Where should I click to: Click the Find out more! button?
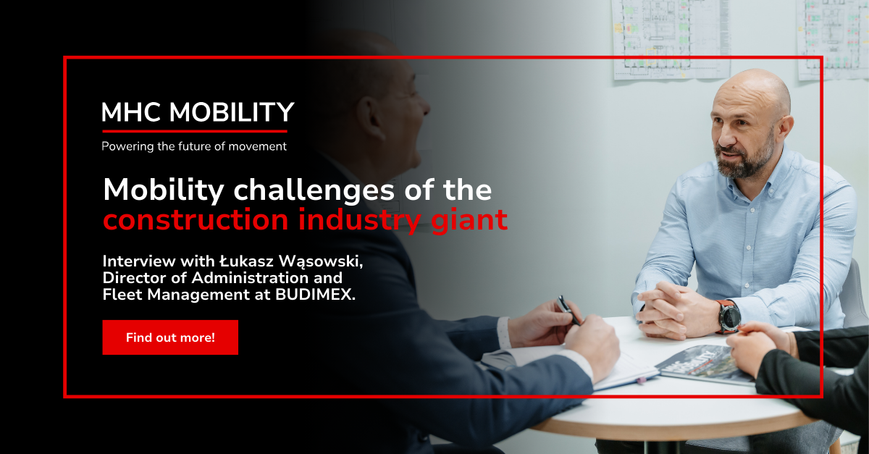click(x=170, y=337)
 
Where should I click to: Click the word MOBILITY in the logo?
click(x=232, y=112)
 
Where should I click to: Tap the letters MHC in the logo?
click(x=131, y=112)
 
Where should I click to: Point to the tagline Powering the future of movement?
click(x=194, y=147)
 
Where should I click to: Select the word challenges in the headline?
click(x=314, y=190)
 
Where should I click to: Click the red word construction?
click(x=196, y=219)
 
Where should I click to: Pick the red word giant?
click(x=469, y=221)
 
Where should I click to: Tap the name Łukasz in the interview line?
click(x=247, y=261)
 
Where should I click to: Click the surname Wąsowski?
click(x=322, y=262)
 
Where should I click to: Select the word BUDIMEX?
click(x=316, y=295)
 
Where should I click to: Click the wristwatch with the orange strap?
click(x=729, y=316)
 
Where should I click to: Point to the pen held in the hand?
click(x=568, y=310)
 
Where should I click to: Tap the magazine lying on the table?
click(x=704, y=364)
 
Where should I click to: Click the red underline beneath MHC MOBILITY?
click(x=194, y=132)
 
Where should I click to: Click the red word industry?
click(x=360, y=221)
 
